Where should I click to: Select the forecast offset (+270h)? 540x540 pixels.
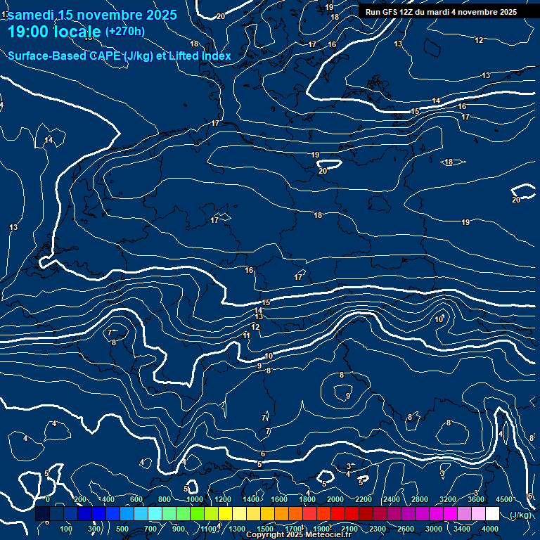(x=124, y=31)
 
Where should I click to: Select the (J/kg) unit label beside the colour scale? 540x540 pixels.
(x=520, y=515)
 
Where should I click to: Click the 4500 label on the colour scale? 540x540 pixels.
(x=504, y=499)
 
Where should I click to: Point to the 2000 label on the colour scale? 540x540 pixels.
(x=335, y=499)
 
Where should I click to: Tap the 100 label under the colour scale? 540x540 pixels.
(x=66, y=529)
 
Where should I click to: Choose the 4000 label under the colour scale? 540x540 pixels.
(x=490, y=529)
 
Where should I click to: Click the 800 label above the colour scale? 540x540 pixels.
(x=165, y=499)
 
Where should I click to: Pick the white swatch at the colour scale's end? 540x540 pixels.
(x=492, y=514)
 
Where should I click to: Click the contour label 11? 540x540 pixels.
(x=246, y=336)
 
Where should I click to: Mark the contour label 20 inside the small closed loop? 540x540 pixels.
(x=323, y=171)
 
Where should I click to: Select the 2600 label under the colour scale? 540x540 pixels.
(x=405, y=529)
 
